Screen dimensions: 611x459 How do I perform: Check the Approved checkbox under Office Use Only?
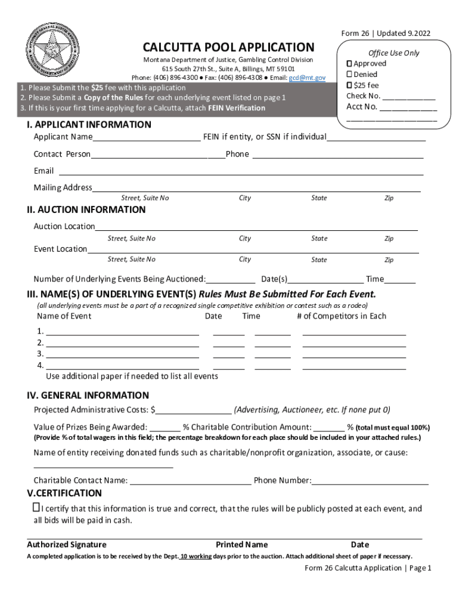pos(350,63)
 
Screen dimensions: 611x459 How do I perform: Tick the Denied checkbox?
pos(350,74)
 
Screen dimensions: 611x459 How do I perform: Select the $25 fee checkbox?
pos(350,85)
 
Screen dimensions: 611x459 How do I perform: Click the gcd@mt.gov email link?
pos(307,78)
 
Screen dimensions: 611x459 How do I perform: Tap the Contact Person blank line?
pos(158,155)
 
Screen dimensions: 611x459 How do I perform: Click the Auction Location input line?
pos(256,227)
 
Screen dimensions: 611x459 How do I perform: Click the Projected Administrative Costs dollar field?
pos(194,411)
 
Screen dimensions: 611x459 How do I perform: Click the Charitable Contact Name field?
pos(190,481)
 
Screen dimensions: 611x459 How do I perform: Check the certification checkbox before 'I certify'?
pos(36,508)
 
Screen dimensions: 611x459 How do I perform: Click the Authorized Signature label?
pos(67,544)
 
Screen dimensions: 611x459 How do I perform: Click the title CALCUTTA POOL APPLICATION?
pos(228,47)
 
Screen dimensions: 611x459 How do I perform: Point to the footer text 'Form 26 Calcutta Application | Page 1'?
pos(367,568)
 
